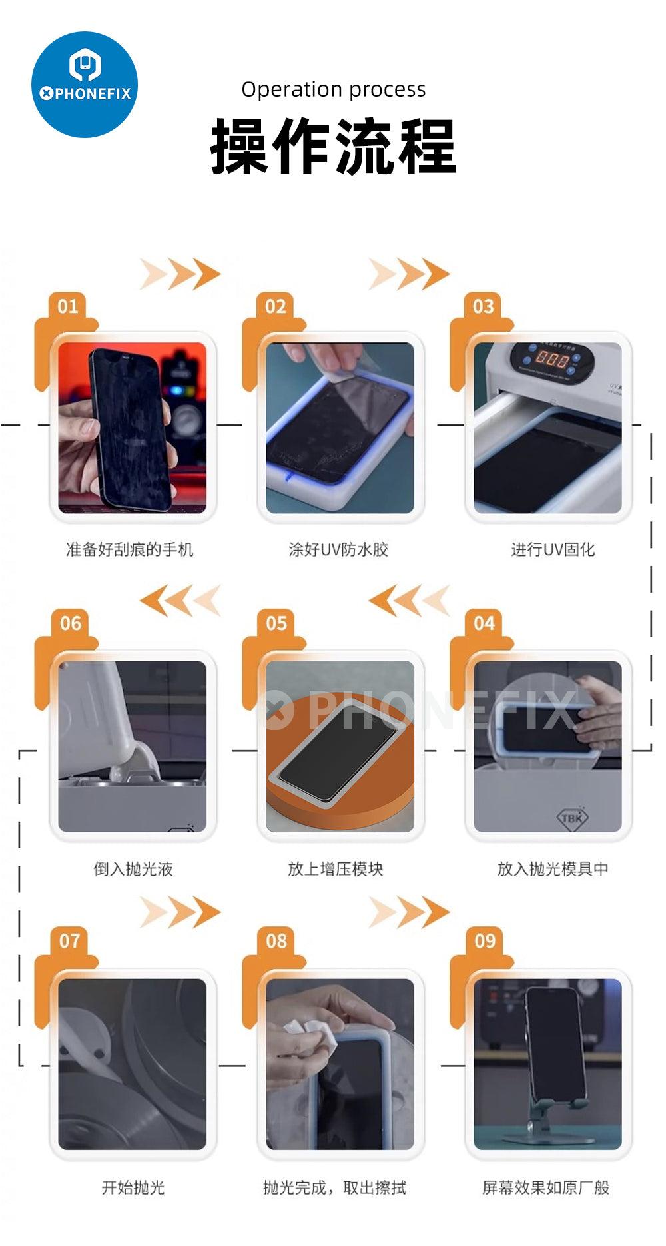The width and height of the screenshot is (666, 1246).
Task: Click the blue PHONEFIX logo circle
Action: pyautogui.click(x=85, y=85)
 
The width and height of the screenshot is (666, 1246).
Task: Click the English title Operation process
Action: pyautogui.click(x=334, y=89)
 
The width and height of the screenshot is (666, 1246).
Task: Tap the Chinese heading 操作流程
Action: pyautogui.click(x=333, y=146)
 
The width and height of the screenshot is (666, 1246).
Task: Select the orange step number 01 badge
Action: pyautogui.click(x=67, y=306)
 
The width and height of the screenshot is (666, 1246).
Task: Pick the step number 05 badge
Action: pyautogui.click(x=276, y=623)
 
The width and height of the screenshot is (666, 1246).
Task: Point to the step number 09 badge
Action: pyautogui.click(x=485, y=941)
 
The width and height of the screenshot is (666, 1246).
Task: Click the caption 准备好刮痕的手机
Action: pyautogui.click(x=130, y=549)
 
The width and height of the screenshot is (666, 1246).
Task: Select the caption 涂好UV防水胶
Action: pyautogui.click(x=338, y=549)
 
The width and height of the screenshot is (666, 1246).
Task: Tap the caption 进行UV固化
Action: pyautogui.click(x=553, y=549)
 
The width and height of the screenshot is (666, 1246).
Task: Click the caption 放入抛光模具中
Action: pyautogui.click(x=553, y=868)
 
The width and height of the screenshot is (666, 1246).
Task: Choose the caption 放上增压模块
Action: pyautogui.click(x=336, y=868)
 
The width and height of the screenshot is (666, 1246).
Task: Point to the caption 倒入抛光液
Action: pyautogui.click(x=133, y=868)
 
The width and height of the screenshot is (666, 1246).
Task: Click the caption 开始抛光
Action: pyautogui.click(x=133, y=1187)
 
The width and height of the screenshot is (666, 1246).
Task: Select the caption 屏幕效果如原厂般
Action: pyautogui.click(x=546, y=1187)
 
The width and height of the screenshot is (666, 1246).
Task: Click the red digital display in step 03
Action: pyautogui.click(x=552, y=360)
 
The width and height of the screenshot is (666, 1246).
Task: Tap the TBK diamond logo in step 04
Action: pyautogui.click(x=572, y=818)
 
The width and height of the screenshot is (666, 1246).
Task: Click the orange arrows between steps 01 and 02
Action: pyautogui.click(x=180, y=274)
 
